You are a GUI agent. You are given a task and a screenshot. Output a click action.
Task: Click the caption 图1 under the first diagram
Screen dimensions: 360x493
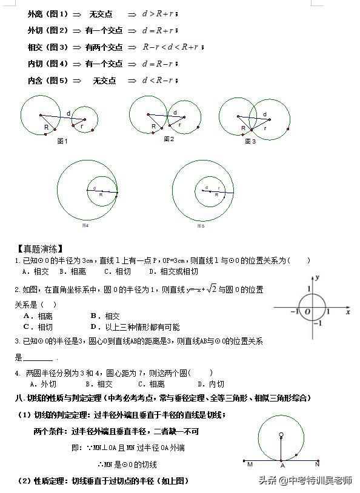coord(62,141)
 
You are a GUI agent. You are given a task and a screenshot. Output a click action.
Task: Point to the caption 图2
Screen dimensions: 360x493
coord(169,139)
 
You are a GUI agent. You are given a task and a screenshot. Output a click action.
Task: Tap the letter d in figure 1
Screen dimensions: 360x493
coord(68,113)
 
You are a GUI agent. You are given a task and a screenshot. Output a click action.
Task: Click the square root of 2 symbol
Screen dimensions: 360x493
coord(211,289)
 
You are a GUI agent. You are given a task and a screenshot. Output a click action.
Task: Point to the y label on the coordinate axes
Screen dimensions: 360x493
coord(318,277)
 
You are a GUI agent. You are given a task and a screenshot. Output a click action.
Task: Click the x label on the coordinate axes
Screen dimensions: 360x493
coord(348,313)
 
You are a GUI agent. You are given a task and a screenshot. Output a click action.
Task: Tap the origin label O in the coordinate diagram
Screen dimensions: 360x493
coord(307,312)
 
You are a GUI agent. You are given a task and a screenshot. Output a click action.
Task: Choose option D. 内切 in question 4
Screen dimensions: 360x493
coord(211,384)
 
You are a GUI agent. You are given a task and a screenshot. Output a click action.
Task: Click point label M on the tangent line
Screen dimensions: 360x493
coord(250,465)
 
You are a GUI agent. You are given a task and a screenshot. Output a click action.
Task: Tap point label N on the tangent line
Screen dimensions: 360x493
coord(317,465)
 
